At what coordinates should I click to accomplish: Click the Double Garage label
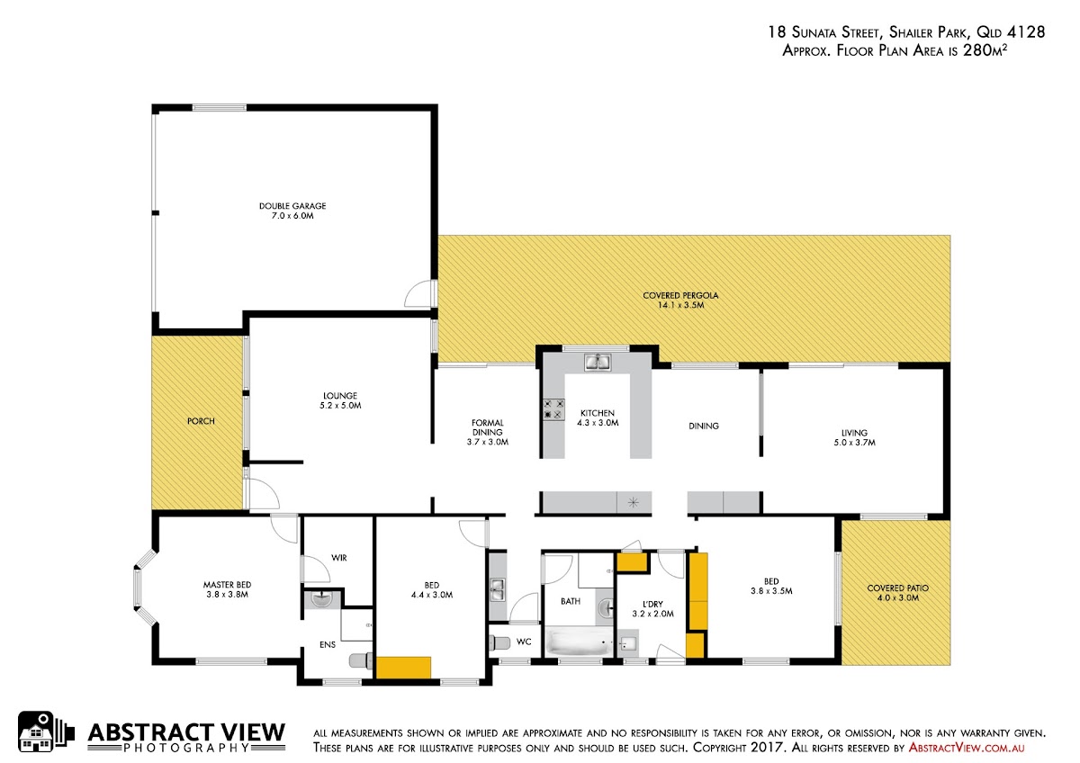click(x=292, y=211)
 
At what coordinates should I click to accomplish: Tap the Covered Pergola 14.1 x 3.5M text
click(x=680, y=301)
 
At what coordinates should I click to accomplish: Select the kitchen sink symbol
click(x=598, y=362)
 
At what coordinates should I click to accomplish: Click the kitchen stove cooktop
click(x=553, y=409)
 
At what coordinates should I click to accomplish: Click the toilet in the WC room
click(x=499, y=642)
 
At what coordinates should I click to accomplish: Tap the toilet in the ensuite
click(x=361, y=660)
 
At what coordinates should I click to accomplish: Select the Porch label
click(x=201, y=421)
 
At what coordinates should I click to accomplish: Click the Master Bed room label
click(x=227, y=589)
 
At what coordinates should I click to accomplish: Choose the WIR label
click(x=339, y=558)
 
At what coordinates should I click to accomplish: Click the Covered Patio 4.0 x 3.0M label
click(x=898, y=593)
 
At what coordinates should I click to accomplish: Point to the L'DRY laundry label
click(x=652, y=609)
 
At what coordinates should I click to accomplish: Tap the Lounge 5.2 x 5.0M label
click(x=340, y=400)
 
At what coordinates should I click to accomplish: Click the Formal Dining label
click(x=488, y=433)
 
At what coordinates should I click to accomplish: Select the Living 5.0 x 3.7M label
click(x=854, y=437)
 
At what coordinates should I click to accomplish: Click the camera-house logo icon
click(x=46, y=732)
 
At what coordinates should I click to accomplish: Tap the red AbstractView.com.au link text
click(x=967, y=748)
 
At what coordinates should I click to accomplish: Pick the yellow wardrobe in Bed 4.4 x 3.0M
click(x=403, y=668)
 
